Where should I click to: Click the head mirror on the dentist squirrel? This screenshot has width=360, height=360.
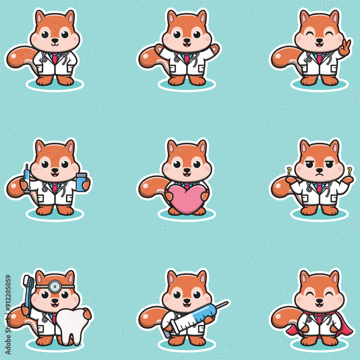point(54,287)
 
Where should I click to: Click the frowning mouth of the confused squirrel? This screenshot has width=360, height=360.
point(319,174)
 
